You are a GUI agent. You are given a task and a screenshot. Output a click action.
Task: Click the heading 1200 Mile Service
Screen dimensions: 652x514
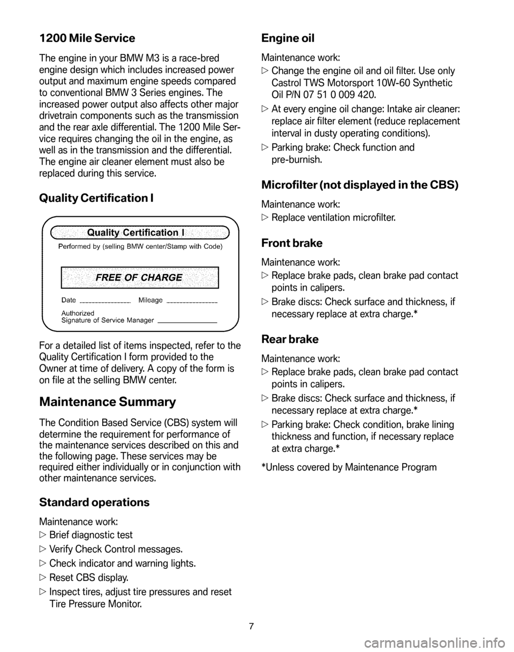tap(87, 39)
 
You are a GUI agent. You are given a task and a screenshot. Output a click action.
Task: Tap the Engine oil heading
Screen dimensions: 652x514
tap(288, 38)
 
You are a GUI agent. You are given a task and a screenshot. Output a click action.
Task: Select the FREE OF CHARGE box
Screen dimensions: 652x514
tap(140, 277)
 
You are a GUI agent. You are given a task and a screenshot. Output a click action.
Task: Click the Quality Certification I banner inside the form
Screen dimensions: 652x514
tap(139, 232)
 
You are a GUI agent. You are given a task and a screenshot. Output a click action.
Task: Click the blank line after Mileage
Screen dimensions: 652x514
tap(192, 303)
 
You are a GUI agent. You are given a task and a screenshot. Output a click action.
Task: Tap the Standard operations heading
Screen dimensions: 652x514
tap(94, 502)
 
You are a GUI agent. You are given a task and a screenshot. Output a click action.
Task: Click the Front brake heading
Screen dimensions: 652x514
tap(291, 243)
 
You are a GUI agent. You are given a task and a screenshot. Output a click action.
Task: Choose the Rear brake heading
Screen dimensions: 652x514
tap(290, 339)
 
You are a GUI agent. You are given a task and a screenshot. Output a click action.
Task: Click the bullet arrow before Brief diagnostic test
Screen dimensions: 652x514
tap(43, 535)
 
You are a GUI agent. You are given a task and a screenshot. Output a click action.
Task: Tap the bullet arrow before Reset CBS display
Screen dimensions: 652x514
tap(43, 578)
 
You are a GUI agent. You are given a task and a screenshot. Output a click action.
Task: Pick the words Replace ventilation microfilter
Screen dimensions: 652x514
tap(334, 218)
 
